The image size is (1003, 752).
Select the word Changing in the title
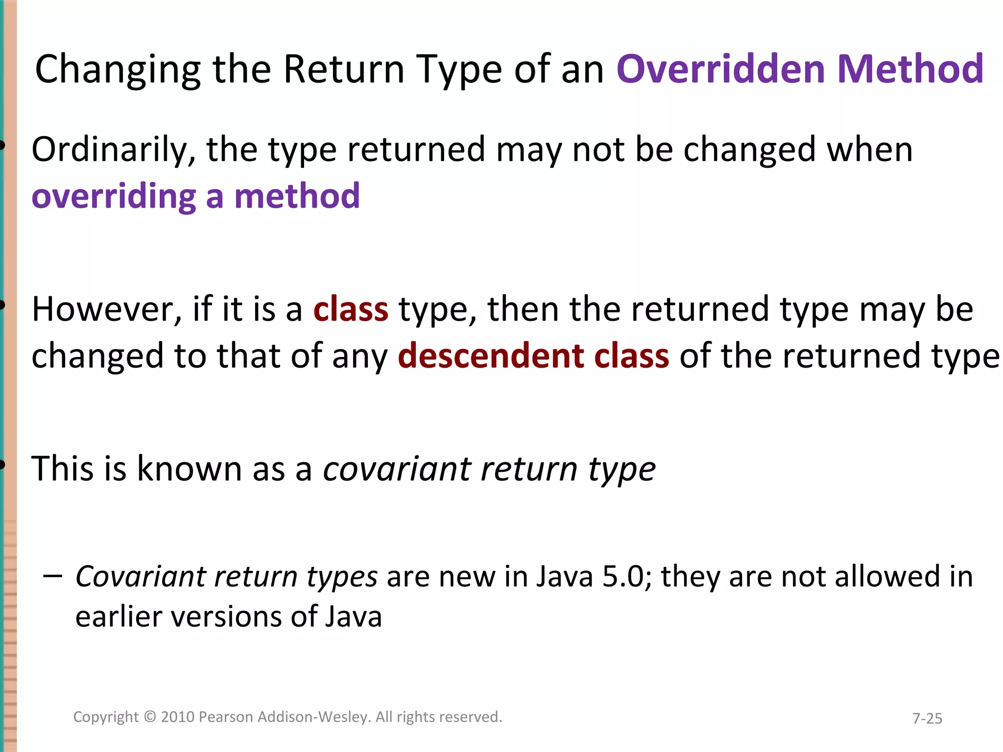118,70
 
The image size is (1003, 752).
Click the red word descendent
490,356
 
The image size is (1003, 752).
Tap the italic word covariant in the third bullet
397,469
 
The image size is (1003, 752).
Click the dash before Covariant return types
52,576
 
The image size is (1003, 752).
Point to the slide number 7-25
927,718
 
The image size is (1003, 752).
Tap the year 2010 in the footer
178,717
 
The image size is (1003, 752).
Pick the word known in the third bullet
189,469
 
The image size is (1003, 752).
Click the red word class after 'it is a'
351,309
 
